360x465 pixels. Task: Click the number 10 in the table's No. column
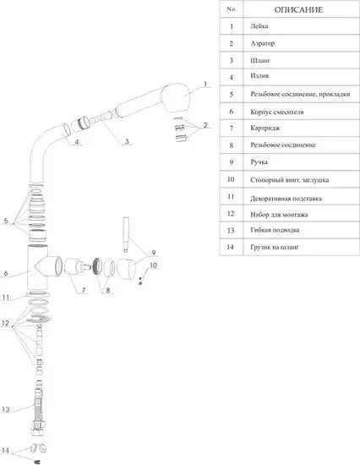pyautogui.click(x=231, y=178)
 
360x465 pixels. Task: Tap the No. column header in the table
pyautogui.click(x=231, y=9)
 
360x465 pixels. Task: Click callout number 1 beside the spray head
pyautogui.click(x=205, y=85)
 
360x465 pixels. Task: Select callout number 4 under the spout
pyautogui.click(x=77, y=142)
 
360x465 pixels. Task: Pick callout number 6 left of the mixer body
pyautogui.click(x=6, y=273)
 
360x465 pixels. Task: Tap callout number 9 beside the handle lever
pyautogui.click(x=154, y=252)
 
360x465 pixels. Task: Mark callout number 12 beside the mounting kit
pyautogui.click(x=6, y=323)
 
